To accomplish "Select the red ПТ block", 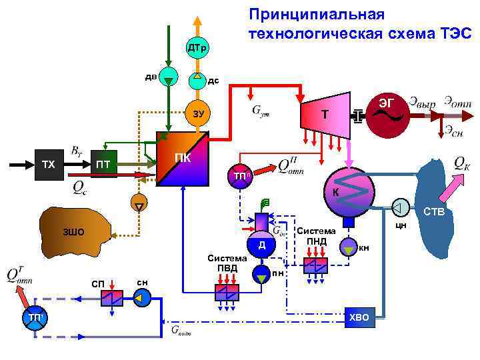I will (x=103, y=164).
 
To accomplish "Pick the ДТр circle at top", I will (x=198, y=48).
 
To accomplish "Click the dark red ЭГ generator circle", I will (x=387, y=113).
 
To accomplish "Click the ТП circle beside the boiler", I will (x=241, y=175).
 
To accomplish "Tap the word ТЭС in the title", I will (x=453, y=33).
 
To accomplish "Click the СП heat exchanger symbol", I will (x=112, y=298).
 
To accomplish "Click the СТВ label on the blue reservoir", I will (x=435, y=213).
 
